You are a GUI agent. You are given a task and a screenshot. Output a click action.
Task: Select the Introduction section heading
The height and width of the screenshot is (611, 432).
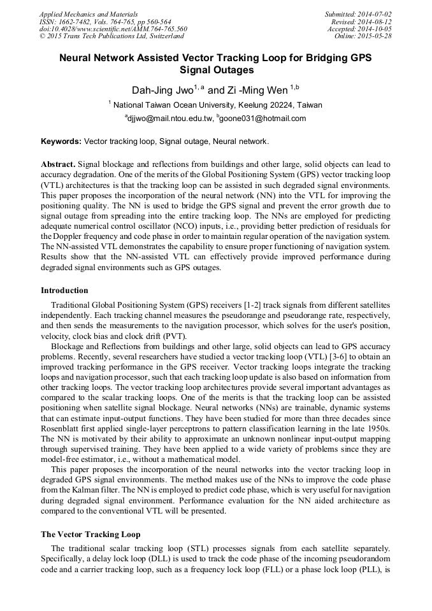pyautogui.click(x=64, y=291)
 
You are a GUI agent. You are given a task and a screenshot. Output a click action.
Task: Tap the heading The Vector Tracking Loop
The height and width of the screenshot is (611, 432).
pyautogui.click(x=90, y=535)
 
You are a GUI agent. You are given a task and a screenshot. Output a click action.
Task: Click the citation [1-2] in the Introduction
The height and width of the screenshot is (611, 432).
pyautogui.click(x=261, y=306)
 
